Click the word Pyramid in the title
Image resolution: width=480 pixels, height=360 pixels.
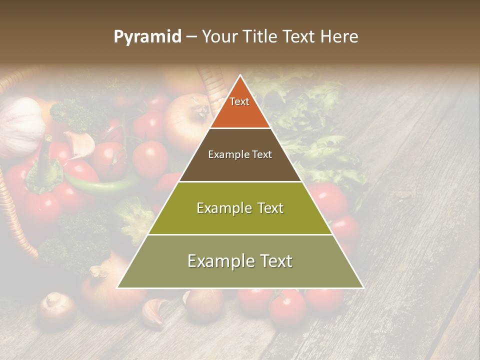pyautogui.click(x=147, y=37)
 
